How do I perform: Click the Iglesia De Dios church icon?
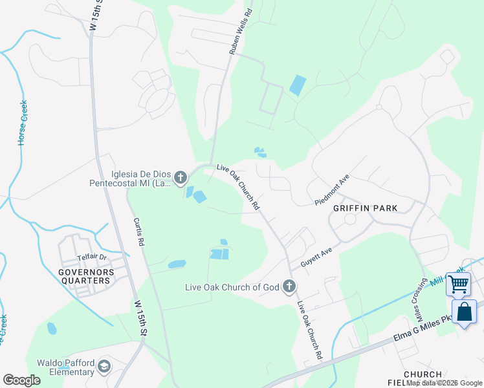181,177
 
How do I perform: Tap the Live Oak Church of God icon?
289,286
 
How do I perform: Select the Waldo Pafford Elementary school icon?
104,367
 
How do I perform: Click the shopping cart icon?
458,284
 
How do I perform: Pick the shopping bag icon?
464,312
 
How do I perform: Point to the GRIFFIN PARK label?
365,208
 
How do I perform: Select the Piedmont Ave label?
332,189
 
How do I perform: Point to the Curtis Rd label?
138,231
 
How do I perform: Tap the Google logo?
21,380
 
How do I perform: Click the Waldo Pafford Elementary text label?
65,367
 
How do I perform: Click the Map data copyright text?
445,383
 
